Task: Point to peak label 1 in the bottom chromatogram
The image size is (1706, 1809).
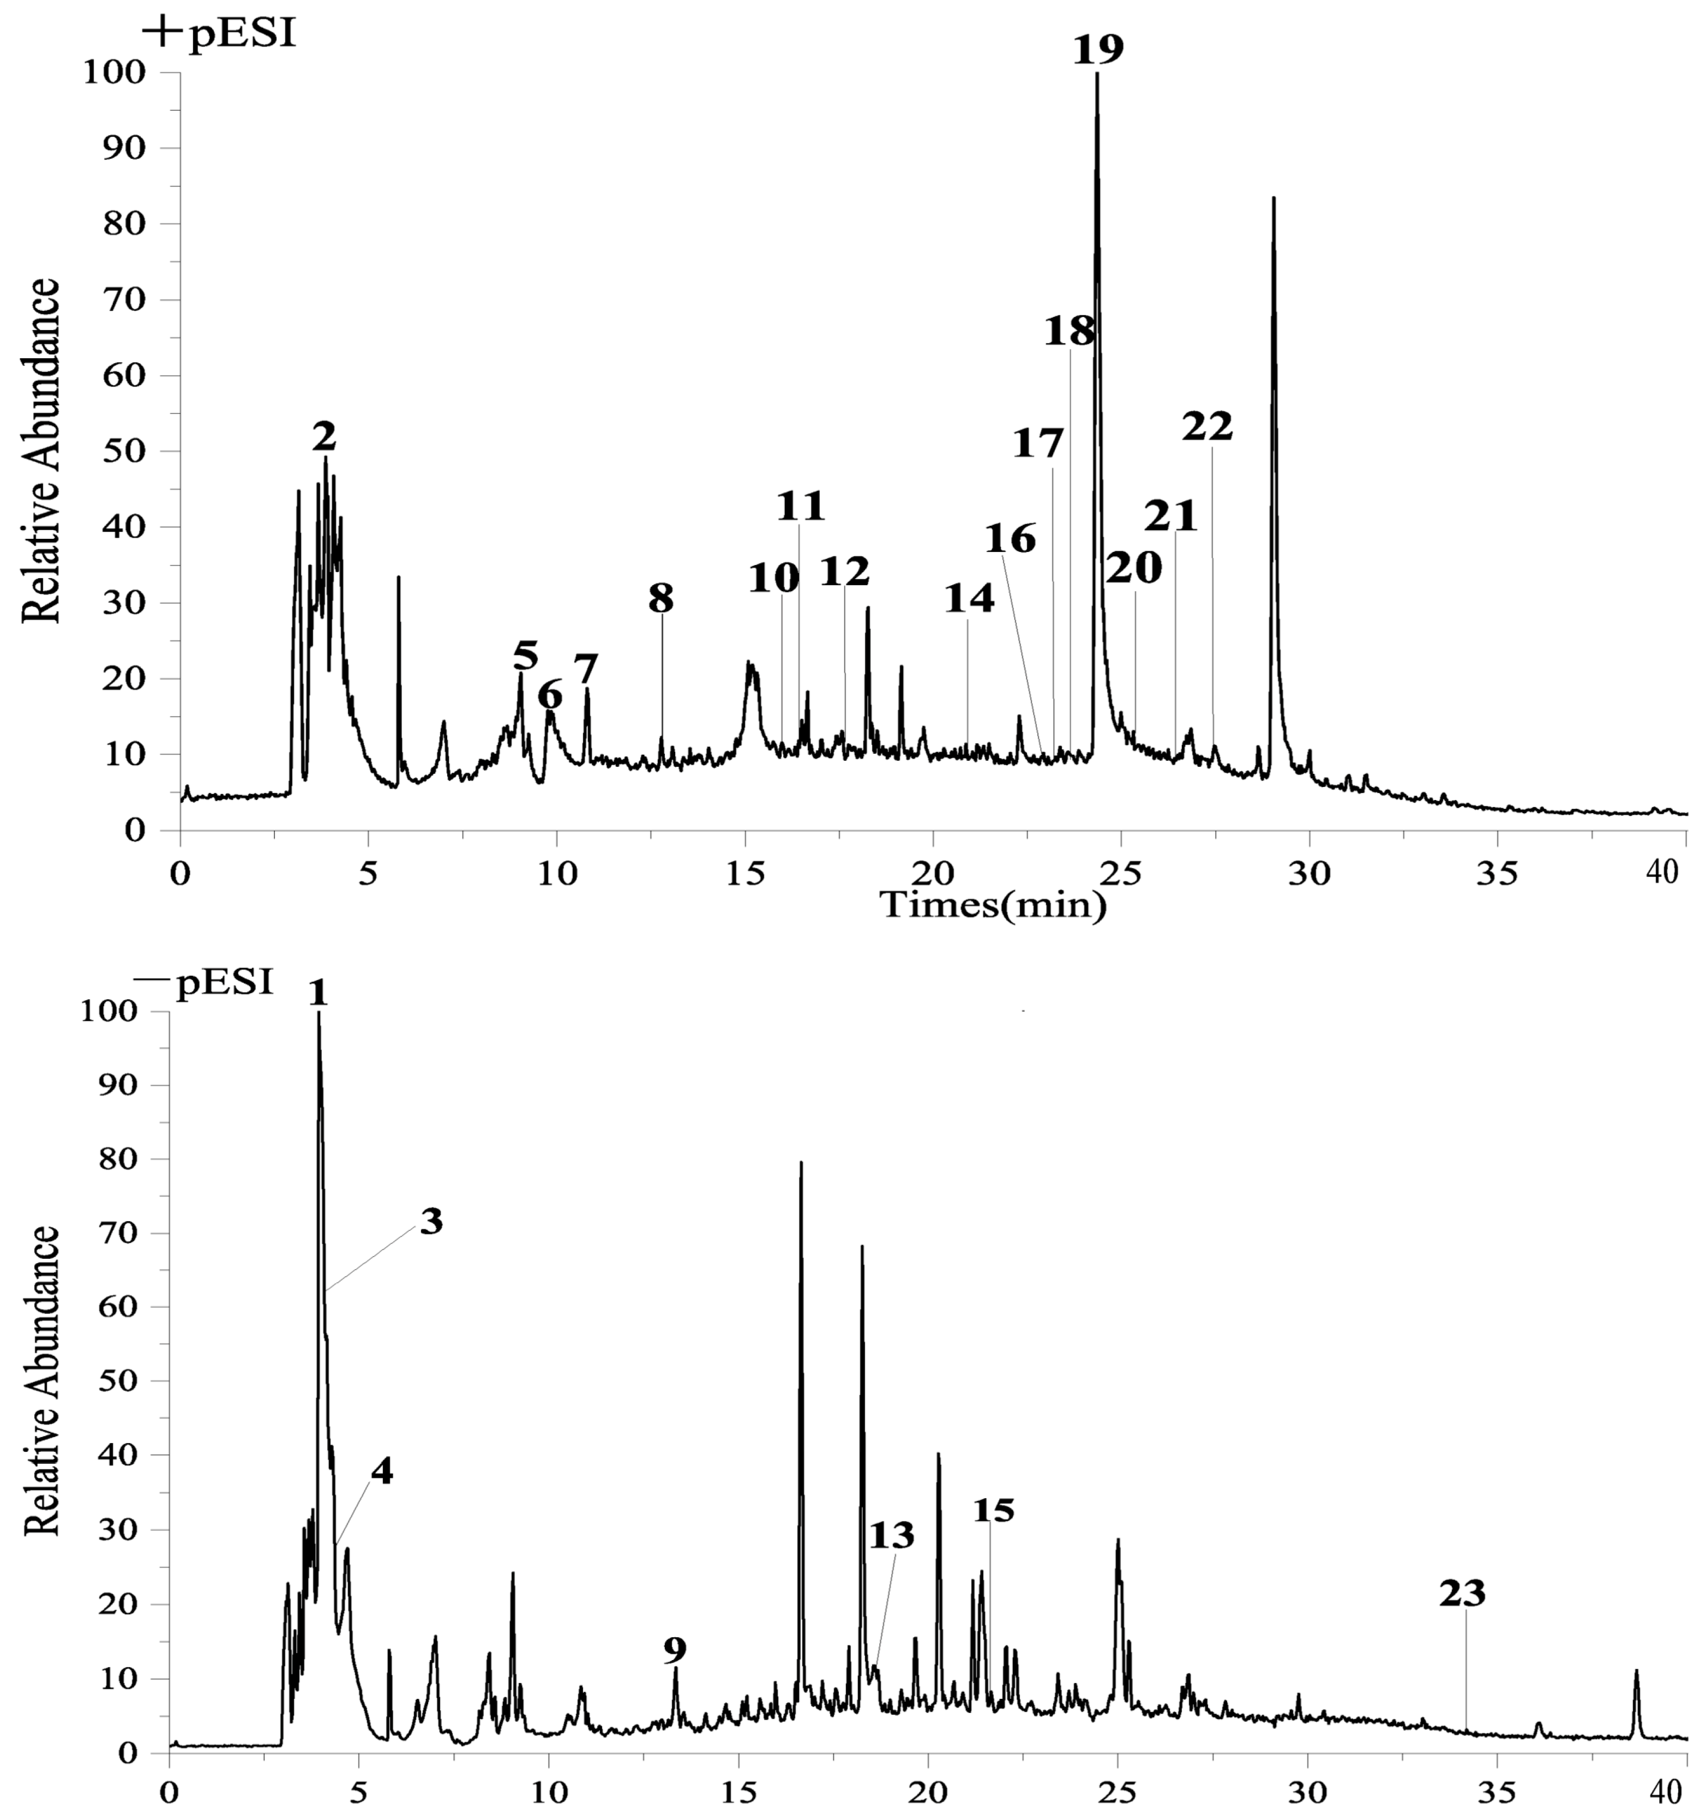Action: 317,995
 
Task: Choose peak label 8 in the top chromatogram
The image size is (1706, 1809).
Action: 662,599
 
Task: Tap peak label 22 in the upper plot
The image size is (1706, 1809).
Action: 1208,427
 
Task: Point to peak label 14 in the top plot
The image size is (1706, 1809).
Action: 969,599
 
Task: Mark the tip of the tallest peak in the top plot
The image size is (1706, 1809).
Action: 1097,75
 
